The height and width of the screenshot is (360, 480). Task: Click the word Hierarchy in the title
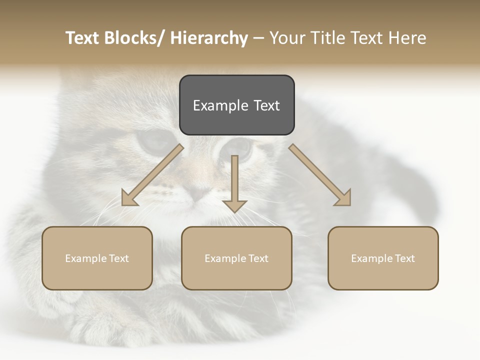click(x=208, y=38)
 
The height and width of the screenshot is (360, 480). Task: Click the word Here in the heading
click(x=407, y=38)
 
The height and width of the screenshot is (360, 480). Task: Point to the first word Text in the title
click(x=83, y=38)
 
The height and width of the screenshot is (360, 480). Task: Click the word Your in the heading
click(x=286, y=38)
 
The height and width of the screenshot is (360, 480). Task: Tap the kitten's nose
click(x=199, y=192)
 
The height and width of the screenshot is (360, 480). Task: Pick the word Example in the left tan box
click(x=86, y=258)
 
